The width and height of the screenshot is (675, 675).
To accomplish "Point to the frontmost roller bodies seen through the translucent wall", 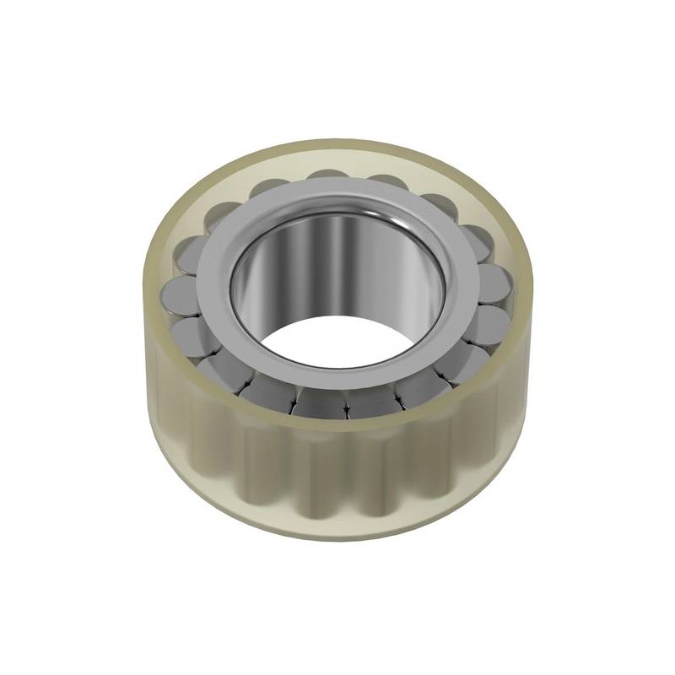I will tap(337, 481).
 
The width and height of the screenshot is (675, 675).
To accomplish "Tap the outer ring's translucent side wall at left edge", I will tap(152, 354).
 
